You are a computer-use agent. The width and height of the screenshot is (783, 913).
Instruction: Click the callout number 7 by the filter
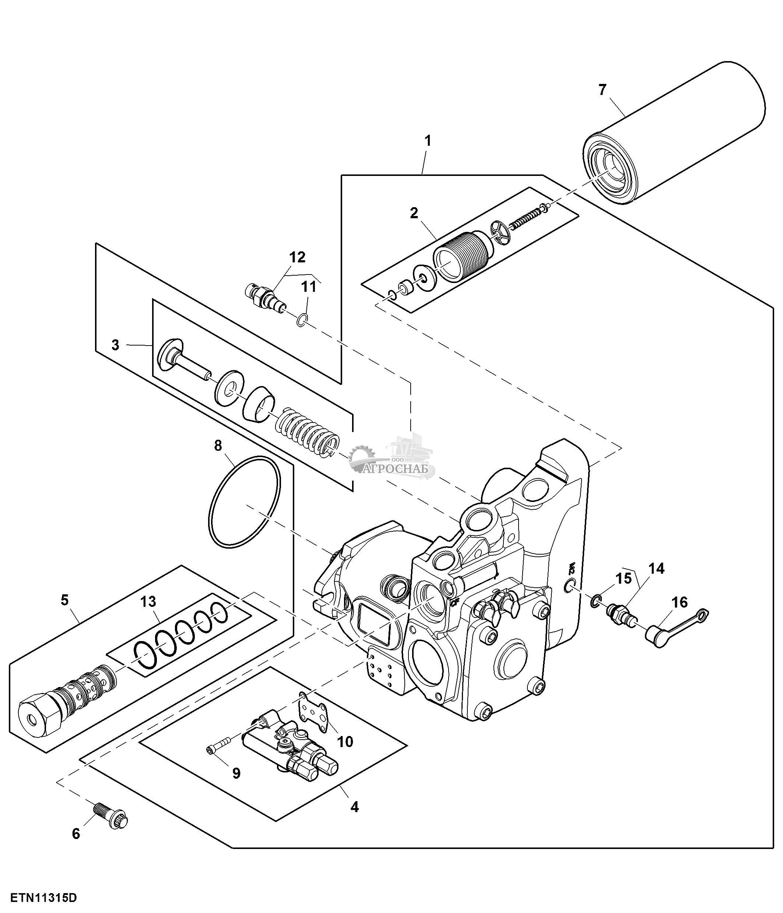603,90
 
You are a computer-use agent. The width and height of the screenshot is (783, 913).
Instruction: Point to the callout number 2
414,213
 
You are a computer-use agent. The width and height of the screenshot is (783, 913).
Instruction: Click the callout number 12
297,257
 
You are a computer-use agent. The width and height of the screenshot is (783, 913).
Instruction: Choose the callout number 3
115,345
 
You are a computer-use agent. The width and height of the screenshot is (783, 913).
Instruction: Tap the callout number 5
65,600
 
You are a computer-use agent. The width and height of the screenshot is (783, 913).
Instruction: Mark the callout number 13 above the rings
148,601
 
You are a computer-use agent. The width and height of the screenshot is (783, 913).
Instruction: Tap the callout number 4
354,807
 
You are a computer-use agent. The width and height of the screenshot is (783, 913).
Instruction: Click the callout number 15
624,578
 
